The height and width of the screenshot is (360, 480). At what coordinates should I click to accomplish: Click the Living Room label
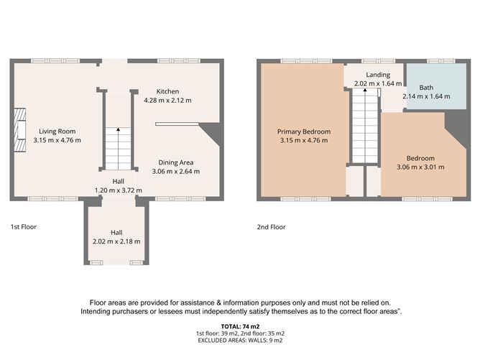pyautogui.click(x=57, y=131)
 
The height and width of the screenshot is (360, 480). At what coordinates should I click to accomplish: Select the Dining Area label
pyautogui.click(x=176, y=162)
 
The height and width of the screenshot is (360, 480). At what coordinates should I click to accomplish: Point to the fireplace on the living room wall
pyautogui.click(x=20, y=131)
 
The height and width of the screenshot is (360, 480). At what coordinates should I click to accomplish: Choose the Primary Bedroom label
pyautogui.click(x=304, y=131)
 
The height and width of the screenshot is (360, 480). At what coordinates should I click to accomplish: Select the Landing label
pyautogui.click(x=377, y=75)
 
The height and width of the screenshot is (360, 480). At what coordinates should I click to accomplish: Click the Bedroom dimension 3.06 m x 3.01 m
pyautogui.click(x=420, y=167)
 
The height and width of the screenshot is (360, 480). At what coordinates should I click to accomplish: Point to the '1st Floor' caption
pyautogui.click(x=23, y=227)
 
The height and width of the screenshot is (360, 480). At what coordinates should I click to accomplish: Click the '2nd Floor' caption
pyautogui.click(x=271, y=227)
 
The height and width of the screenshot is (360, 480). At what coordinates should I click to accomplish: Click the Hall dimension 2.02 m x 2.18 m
pyautogui.click(x=116, y=241)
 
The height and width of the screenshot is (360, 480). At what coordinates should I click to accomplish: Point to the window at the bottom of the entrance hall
pyautogui.click(x=116, y=263)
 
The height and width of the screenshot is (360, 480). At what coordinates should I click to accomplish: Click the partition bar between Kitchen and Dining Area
pyautogui.click(x=175, y=123)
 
